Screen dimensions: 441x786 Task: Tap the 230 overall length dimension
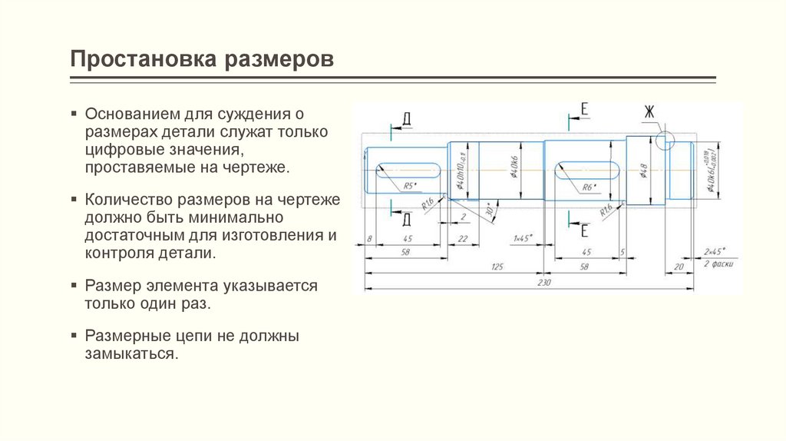click(546, 283)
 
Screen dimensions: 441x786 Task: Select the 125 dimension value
click(497, 266)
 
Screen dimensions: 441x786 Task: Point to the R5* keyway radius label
click(408, 185)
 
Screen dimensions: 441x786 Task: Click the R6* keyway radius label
click(589, 187)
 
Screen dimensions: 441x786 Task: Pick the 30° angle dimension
click(486, 209)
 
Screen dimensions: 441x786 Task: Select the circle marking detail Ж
click(665, 141)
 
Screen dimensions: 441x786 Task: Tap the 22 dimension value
click(462, 239)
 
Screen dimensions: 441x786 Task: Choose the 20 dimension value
click(679, 267)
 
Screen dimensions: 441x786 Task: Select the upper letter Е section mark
click(583, 111)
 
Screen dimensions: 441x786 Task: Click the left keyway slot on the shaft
click(408, 168)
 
